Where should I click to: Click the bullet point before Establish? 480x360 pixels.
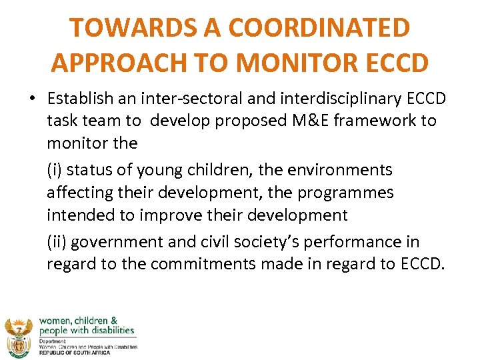click(x=33, y=99)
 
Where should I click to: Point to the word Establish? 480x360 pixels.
click(x=79, y=99)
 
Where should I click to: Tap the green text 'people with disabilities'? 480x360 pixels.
click(x=87, y=331)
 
